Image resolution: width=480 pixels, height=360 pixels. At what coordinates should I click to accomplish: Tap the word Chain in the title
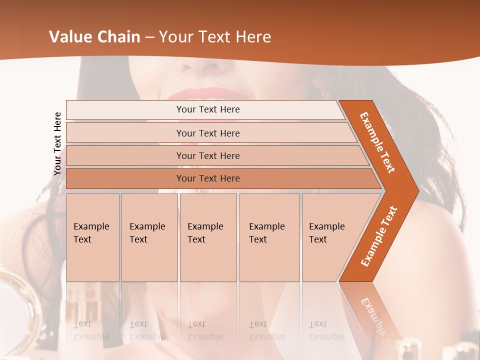point(121,37)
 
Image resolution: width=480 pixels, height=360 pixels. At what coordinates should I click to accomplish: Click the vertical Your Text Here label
point(57,143)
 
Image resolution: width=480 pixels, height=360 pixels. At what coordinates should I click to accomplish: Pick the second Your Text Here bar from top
point(208,133)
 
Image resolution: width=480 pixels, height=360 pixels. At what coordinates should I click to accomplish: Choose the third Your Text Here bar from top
point(208,155)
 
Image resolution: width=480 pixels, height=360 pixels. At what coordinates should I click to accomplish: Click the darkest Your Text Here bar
point(208,178)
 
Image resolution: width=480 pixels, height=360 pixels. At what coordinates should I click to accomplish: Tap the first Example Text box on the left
point(92,237)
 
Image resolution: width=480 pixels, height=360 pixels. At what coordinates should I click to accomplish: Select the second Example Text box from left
point(149,237)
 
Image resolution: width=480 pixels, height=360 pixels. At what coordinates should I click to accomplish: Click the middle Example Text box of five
point(208,237)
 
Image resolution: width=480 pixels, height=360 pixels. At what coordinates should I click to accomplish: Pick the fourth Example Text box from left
point(269,237)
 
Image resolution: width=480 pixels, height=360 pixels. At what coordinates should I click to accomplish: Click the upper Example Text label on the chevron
point(378,142)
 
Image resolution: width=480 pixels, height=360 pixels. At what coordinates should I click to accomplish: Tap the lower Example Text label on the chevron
point(379,236)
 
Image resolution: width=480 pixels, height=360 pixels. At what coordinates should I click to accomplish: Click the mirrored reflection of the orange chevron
point(372,315)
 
